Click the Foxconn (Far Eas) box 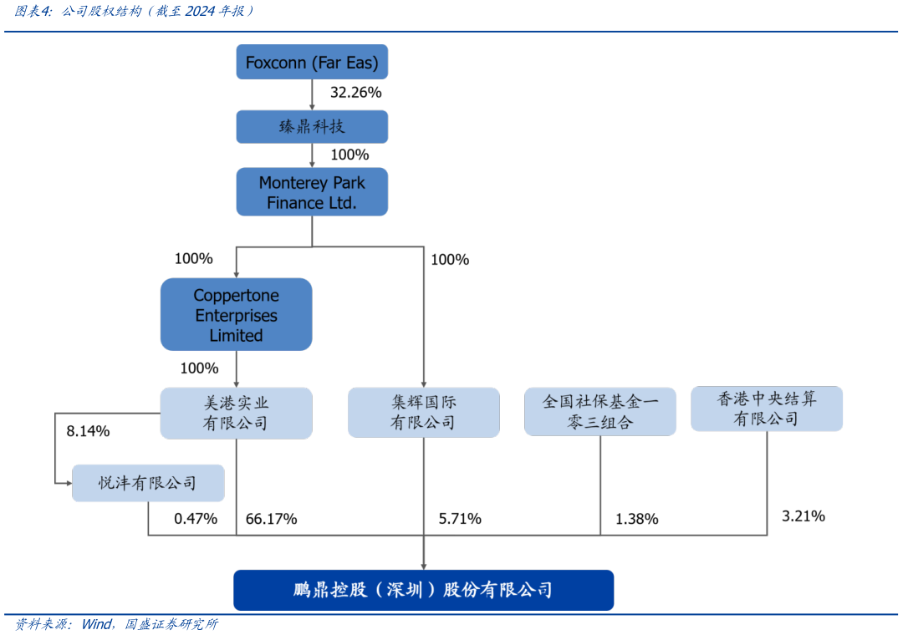pyautogui.click(x=312, y=63)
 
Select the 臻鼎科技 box pyautogui.click(x=312, y=127)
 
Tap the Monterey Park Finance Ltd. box pyautogui.click(x=312, y=192)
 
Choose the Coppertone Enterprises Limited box pyautogui.click(x=236, y=315)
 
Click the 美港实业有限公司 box pyautogui.click(x=236, y=413)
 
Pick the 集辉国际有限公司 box pyautogui.click(x=423, y=413)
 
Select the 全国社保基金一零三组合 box pyautogui.click(x=599, y=412)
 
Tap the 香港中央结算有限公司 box pyautogui.click(x=767, y=409)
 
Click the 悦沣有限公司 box pyautogui.click(x=148, y=483)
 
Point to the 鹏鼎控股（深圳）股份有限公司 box pyautogui.click(x=423, y=590)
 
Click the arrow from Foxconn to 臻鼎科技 pyautogui.click(x=312, y=95)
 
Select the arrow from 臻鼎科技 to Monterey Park pyautogui.click(x=312, y=156)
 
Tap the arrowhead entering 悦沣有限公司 pyautogui.click(x=68, y=483)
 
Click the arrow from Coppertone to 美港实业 pyautogui.click(x=236, y=369)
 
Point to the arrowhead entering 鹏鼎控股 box pyautogui.click(x=423, y=566)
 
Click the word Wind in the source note pyautogui.click(x=95, y=625)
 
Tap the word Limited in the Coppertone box pyautogui.click(x=236, y=336)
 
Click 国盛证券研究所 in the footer pyautogui.click(x=171, y=625)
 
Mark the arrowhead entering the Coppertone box pyautogui.click(x=236, y=273)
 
